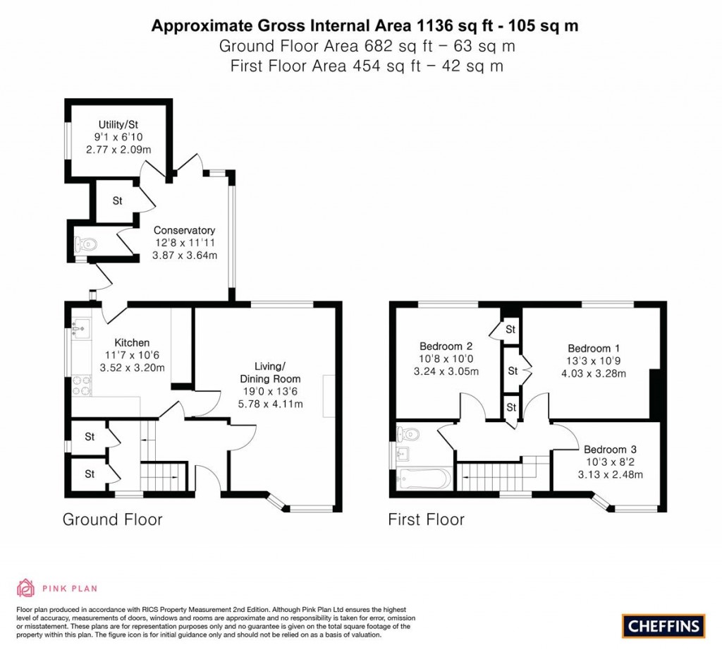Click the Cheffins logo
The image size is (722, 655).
click(663, 625)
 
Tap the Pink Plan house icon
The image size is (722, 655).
click(25, 587)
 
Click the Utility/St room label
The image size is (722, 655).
click(118, 124)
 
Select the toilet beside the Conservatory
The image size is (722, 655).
click(86, 244)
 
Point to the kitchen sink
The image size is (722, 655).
click(79, 328)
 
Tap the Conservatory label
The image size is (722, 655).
click(184, 230)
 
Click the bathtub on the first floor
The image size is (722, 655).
click(423, 479)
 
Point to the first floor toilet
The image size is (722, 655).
click(408, 433)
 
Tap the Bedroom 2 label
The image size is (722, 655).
click(446, 346)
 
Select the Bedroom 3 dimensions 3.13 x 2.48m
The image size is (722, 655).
click(610, 474)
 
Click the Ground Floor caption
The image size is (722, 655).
click(113, 520)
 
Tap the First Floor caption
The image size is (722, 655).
click(426, 520)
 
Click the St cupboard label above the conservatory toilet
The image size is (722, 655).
click(118, 201)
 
